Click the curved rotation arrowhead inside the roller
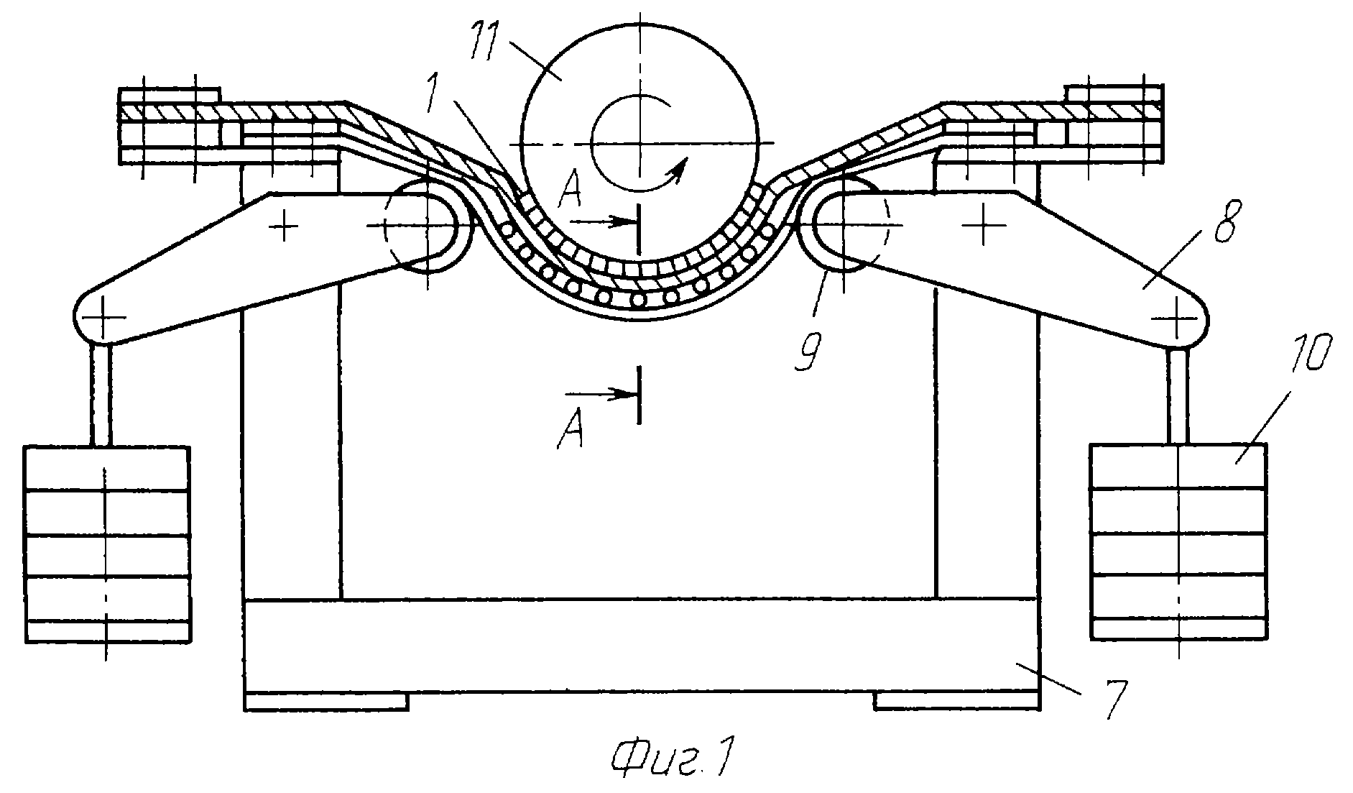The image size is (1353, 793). [x=677, y=168]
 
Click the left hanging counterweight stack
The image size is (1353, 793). [x=106, y=544]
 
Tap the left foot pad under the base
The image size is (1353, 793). [x=327, y=701]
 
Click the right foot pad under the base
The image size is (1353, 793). [x=956, y=700]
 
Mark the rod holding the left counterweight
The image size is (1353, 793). [x=102, y=394]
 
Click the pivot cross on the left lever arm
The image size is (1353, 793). [x=285, y=228]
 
